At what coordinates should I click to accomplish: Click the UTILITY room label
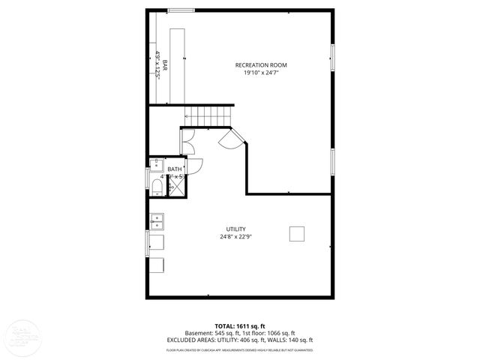(x=235, y=229)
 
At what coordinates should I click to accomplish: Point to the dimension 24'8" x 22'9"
(x=235, y=237)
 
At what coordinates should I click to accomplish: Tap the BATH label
(x=174, y=169)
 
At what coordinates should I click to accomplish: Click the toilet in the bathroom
(x=157, y=185)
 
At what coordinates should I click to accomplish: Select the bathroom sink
(x=156, y=166)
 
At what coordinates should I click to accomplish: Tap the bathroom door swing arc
(x=194, y=169)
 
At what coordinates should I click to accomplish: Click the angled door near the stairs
(x=229, y=139)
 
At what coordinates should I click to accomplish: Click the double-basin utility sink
(x=157, y=221)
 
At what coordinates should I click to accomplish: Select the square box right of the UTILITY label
(x=297, y=233)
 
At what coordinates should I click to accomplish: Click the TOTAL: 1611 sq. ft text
(x=240, y=325)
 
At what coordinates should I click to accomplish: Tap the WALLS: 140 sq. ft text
(x=293, y=340)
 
